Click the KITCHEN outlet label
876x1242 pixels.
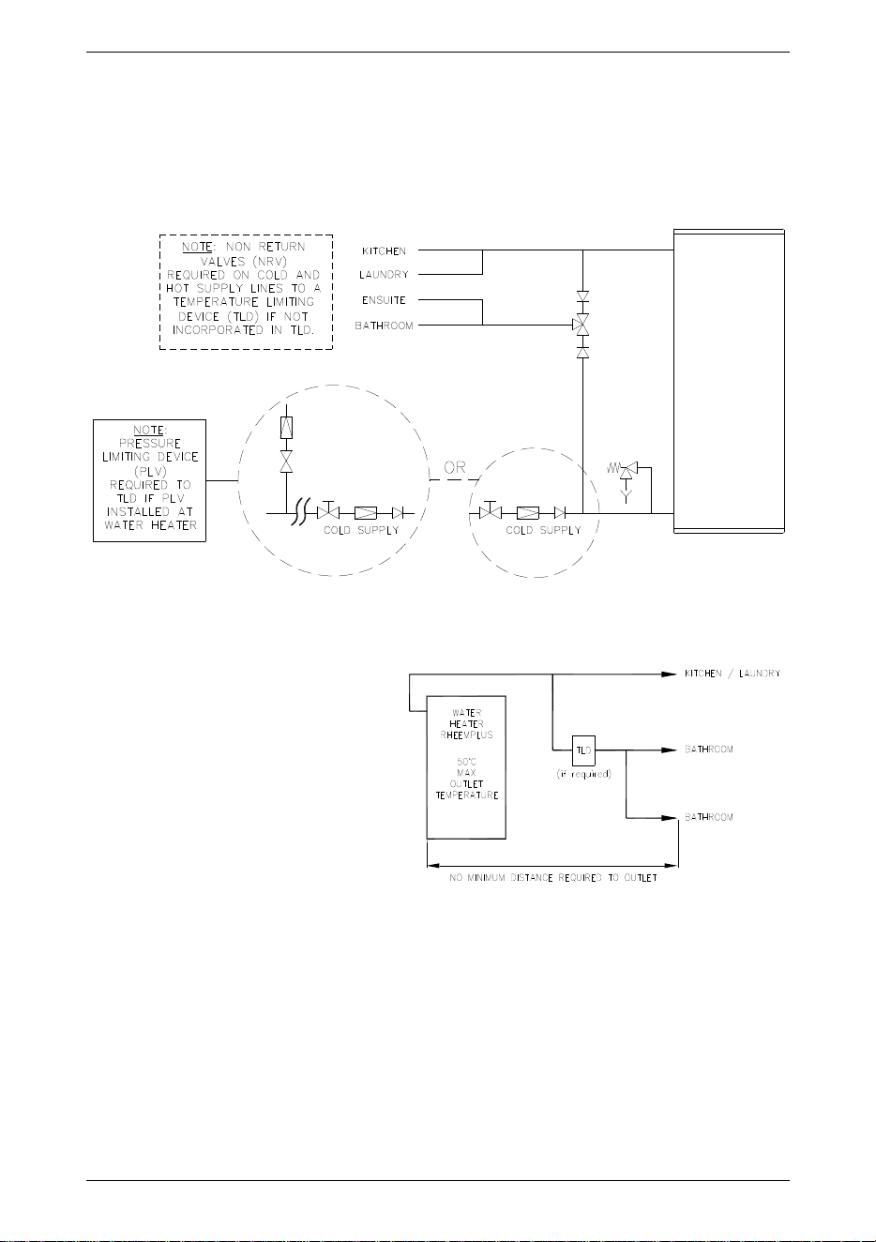[x=384, y=251]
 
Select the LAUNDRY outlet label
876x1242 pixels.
[x=384, y=275]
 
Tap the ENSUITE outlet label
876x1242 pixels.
[x=384, y=300]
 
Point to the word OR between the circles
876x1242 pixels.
[x=455, y=467]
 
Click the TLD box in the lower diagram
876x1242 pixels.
[x=583, y=750]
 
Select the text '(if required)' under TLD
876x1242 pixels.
[x=583, y=774]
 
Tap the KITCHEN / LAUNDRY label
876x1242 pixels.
[x=733, y=674]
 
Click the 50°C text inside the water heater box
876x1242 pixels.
[x=466, y=762]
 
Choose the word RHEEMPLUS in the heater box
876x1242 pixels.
[x=466, y=735]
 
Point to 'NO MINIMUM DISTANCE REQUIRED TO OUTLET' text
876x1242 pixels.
[x=553, y=878]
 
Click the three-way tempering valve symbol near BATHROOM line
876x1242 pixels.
[x=581, y=325]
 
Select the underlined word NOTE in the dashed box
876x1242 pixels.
[x=197, y=247]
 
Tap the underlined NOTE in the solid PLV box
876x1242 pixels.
[x=150, y=430]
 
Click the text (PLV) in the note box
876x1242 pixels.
[x=150, y=471]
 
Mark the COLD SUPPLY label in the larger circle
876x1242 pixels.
[x=361, y=530]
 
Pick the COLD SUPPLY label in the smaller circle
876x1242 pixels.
[x=543, y=530]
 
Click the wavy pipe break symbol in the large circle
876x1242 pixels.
[x=299, y=513]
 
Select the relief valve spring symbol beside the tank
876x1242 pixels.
[x=613, y=468]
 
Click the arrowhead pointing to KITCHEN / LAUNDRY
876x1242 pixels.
[x=670, y=674]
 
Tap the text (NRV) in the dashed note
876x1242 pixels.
[x=269, y=261]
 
